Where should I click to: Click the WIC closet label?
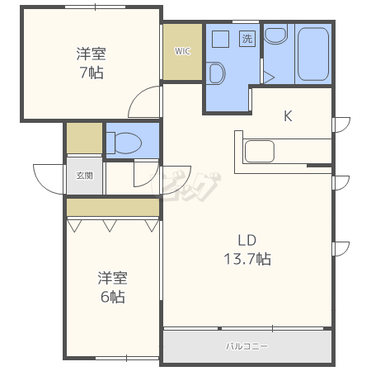coord(182,51)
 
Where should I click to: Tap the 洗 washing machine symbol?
coord(247,39)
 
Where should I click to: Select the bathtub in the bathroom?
coord(313,54)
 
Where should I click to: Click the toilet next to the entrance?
coord(124,143)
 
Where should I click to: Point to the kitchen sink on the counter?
coord(260,151)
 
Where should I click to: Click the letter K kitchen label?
coord(288,116)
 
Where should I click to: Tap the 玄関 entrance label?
coord(85,176)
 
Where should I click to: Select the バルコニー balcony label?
coord(247,346)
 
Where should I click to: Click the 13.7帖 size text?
coord(247,259)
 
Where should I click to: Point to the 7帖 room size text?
coord(92,73)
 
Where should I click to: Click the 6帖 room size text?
coord(113,297)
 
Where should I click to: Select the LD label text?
coord(247,241)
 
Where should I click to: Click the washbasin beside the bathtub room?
coord(275,35)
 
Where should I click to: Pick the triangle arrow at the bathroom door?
coord(269,77)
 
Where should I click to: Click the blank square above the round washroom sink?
coord(221,39)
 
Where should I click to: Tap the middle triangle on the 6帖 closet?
coord(110,226)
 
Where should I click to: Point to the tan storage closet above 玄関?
coord(85,139)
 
